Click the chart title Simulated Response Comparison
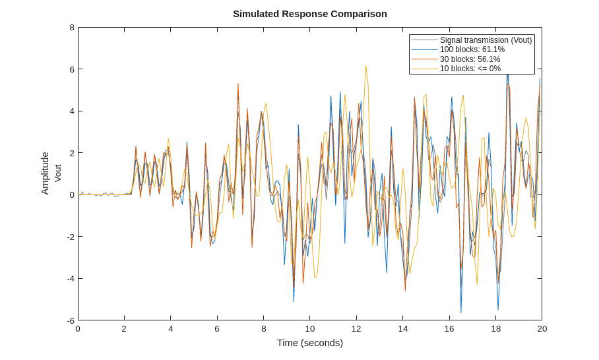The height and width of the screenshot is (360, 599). [x=309, y=14]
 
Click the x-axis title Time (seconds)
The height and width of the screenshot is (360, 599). [x=309, y=343]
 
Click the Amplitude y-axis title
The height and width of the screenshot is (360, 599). [x=45, y=173]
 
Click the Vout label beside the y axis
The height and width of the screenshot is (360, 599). [x=57, y=173]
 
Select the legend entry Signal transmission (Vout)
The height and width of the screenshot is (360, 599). [x=486, y=40]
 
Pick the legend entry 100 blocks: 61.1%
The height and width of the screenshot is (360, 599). [x=472, y=49]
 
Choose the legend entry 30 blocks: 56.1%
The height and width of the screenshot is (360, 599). [x=470, y=59]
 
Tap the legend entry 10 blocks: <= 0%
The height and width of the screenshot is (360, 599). [x=470, y=69]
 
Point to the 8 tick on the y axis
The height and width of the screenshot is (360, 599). [x=72, y=28]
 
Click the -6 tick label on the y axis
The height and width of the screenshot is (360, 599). [x=71, y=320]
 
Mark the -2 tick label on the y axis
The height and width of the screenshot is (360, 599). [x=71, y=237]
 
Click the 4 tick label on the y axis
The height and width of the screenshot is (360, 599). [x=72, y=111]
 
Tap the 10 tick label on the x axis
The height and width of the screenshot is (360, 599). [x=309, y=329]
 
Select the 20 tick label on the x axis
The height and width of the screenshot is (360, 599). [x=542, y=329]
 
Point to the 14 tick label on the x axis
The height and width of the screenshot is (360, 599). [x=402, y=329]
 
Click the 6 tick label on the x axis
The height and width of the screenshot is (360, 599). [x=217, y=329]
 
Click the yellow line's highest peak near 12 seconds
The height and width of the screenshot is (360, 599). [x=365, y=66]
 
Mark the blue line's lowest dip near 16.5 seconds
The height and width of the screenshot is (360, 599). [x=461, y=313]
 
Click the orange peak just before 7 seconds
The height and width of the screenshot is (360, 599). [x=238, y=84]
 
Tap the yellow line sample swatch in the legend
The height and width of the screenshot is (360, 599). [x=424, y=69]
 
